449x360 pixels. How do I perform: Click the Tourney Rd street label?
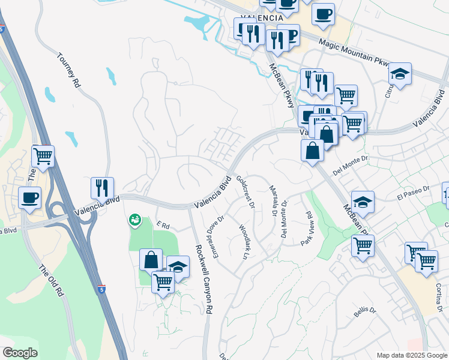[x=69, y=71]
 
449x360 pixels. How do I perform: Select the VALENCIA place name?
[x=261, y=19]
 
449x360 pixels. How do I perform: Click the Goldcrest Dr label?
[x=246, y=192]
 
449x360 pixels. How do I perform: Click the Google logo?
[x=20, y=353]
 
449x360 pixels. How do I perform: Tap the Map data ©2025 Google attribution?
[x=411, y=355]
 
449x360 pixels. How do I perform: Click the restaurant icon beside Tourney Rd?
[x=102, y=188]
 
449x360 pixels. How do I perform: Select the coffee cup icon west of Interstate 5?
[x=29, y=197]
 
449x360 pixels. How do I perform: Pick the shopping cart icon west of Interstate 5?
[x=43, y=157]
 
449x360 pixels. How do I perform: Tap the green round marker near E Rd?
[x=135, y=220]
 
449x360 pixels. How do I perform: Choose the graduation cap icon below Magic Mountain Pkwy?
[x=400, y=74]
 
